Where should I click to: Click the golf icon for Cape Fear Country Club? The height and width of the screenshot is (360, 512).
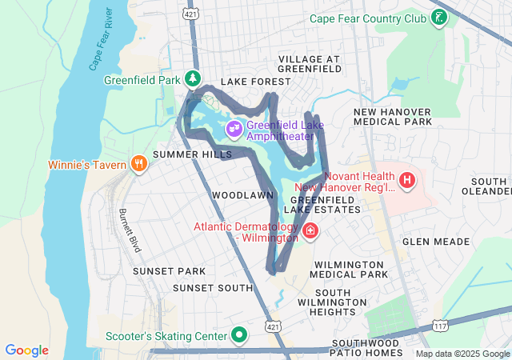click(x=438, y=18)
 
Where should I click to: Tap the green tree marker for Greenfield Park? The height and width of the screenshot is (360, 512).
click(x=192, y=78)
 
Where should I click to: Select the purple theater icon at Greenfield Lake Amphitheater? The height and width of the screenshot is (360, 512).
click(x=234, y=128)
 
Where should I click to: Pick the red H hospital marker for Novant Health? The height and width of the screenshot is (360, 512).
click(x=407, y=180)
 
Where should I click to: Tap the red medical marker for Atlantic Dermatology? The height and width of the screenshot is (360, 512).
click(x=310, y=232)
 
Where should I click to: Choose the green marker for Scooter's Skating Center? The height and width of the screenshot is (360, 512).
click(x=238, y=334)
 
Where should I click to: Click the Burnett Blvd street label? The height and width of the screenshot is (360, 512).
click(x=129, y=231)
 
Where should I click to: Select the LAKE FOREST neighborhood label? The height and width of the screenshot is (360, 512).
click(x=256, y=82)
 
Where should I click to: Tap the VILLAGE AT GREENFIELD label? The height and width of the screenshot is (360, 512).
click(x=309, y=65)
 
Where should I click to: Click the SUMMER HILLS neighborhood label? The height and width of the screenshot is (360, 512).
click(x=181, y=154)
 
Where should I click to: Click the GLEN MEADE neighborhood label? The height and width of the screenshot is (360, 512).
click(x=429, y=241)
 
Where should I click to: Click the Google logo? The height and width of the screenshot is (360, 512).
click(x=26, y=350)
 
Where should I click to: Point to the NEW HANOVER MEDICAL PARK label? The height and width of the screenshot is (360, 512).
click(x=392, y=117)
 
